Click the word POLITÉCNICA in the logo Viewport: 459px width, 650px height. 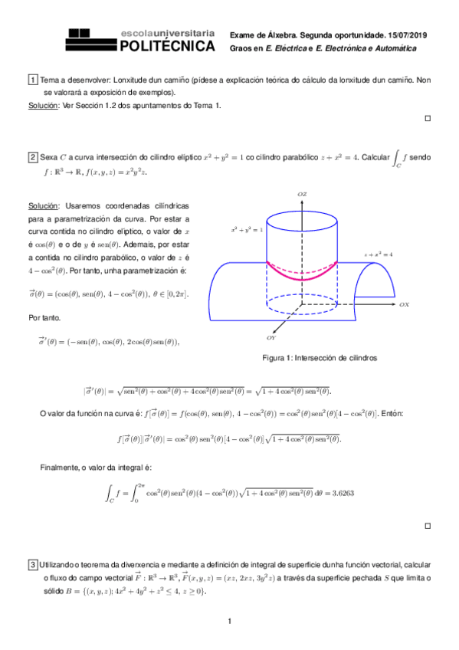(x=167, y=47)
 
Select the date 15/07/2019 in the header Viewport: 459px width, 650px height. (x=410, y=35)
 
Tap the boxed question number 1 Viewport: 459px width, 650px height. (x=33, y=80)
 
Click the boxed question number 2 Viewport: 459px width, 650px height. (x=33, y=157)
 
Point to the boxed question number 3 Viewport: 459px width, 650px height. (x=33, y=566)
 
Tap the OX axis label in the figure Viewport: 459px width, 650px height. (x=404, y=304)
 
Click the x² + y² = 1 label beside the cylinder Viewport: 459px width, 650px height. (x=247, y=229)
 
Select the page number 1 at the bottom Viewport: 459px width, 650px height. (x=229, y=621)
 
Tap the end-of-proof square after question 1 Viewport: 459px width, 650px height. (x=428, y=119)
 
